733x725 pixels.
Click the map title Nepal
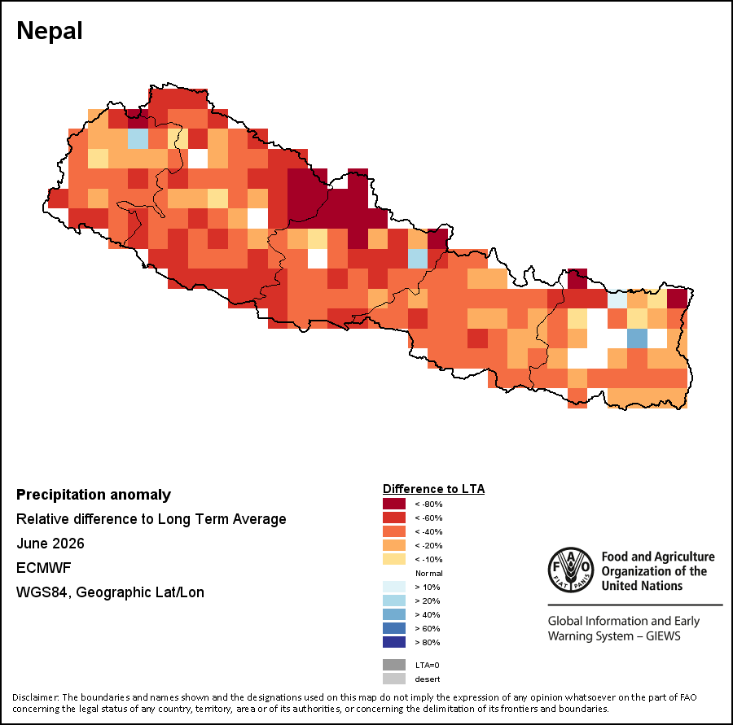[x=50, y=31]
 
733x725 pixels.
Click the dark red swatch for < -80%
[x=394, y=504]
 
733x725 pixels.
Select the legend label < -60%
[x=428, y=518]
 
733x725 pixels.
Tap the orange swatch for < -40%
[x=394, y=531]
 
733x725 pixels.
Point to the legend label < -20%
[x=428, y=546]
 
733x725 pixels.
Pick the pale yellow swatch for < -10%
[x=394, y=559]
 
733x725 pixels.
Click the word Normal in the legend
[x=428, y=573]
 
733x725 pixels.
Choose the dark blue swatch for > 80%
[x=394, y=642]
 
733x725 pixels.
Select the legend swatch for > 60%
[x=394, y=628]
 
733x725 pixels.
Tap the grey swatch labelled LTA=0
[x=394, y=665]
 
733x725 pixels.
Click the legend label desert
[x=428, y=679]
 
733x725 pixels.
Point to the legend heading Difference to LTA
[x=433, y=489]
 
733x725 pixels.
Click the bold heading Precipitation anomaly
[x=94, y=495]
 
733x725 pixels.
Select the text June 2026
[x=50, y=544]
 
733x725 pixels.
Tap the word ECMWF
[x=43, y=568]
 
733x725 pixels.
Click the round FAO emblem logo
[x=571, y=570]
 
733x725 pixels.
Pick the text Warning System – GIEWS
[x=614, y=636]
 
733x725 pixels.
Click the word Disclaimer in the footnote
[x=35, y=697]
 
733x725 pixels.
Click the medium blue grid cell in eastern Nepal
[x=637, y=338]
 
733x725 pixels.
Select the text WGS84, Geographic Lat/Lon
[x=110, y=592]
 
